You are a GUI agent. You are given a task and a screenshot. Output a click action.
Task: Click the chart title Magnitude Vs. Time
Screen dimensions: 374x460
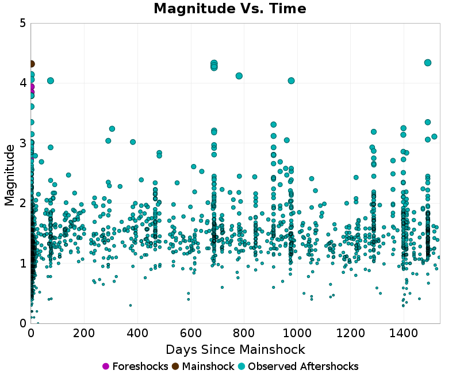[230, 9]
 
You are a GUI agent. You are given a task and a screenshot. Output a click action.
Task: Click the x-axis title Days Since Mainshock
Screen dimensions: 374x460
[235, 349]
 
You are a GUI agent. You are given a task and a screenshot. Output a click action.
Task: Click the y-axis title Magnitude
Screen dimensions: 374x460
[10, 175]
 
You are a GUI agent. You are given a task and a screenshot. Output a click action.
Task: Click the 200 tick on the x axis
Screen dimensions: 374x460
[84, 333]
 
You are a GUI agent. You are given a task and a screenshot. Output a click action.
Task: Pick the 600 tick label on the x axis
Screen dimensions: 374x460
[190, 333]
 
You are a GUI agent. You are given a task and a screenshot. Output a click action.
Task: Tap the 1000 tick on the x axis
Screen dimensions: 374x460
[297, 333]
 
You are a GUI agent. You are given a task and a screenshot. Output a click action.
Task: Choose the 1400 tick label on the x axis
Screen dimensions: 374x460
[403, 333]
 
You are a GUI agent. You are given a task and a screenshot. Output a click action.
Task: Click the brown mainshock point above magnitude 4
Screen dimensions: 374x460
[31, 64]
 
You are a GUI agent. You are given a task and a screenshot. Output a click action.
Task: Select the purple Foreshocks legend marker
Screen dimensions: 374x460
[106, 367]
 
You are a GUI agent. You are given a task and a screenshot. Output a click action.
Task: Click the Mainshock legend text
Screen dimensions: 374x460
[208, 367]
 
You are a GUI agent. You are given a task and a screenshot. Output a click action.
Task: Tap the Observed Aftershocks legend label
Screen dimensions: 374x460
[303, 367]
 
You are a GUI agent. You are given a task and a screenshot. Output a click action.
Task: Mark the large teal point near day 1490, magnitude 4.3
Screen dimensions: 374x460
[428, 63]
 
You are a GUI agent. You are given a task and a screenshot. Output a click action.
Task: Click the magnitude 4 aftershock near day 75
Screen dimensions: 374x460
[51, 81]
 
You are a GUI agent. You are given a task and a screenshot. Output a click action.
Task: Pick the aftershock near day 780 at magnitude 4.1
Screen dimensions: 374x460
[239, 76]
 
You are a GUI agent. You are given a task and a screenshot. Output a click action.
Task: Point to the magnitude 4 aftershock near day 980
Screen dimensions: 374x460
[291, 81]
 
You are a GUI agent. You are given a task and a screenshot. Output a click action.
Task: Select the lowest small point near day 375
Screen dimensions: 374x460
[131, 305]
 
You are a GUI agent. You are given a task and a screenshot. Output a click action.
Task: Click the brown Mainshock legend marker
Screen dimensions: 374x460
[175, 367]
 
